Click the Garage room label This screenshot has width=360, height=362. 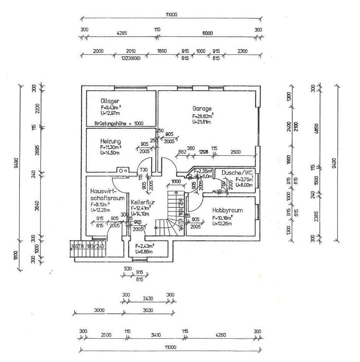click(202, 108)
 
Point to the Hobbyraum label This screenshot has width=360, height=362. click(227, 210)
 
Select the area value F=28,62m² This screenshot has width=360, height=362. click(203, 116)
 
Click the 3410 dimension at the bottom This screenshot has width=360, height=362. click(156, 335)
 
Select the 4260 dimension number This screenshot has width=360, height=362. click(221, 335)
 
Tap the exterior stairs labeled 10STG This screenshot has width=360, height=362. click(87, 247)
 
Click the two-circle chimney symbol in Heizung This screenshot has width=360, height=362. click(123, 171)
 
